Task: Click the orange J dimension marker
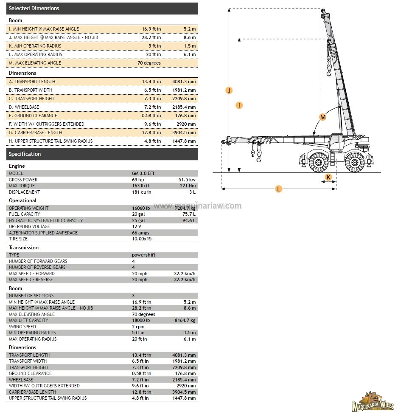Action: [x=229, y=90]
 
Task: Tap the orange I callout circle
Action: [x=239, y=105]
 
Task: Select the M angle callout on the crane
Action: [x=322, y=117]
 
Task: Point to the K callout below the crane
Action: [x=328, y=177]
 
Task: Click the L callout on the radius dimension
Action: [x=278, y=189]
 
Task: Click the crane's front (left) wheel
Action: [x=318, y=162]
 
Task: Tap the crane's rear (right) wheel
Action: [x=355, y=162]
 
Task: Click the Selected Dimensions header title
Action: [x=34, y=8]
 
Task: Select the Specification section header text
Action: [x=25, y=154]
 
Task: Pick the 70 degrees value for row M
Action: [x=149, y=63]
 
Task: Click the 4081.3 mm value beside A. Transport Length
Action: [x=184, y=82]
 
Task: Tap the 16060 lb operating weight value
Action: [x=141, y=208]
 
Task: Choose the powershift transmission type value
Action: [x=143, y=255]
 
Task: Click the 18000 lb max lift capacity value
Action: [x=141, y=321]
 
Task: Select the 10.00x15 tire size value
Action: [x=142, y=239]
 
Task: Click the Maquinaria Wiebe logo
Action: [x=372, y=401]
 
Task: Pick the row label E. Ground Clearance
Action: [x=33, y=116]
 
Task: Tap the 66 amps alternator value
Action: [x=141, y=233]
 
